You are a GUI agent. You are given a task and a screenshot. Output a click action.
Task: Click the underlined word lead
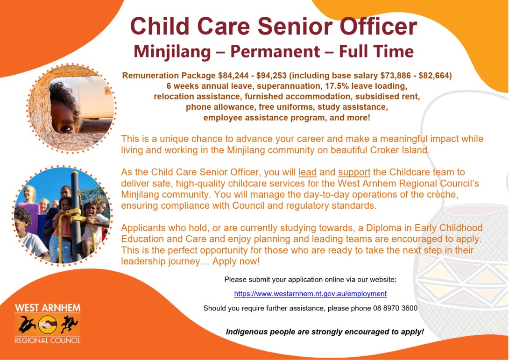click(307, 172)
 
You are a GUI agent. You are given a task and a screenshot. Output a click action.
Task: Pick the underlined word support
click(354, 172)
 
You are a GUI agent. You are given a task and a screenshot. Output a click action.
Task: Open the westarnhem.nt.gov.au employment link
click(310, 294)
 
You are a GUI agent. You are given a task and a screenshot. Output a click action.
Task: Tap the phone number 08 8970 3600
click(395, 308)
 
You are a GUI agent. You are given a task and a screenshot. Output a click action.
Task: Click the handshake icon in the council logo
click(47, 323)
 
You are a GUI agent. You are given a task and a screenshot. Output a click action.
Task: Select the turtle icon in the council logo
click(25, 323)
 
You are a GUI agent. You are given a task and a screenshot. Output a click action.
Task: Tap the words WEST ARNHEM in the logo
click(47, 308)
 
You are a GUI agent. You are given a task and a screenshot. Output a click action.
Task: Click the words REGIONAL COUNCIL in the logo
click(47, 340)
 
